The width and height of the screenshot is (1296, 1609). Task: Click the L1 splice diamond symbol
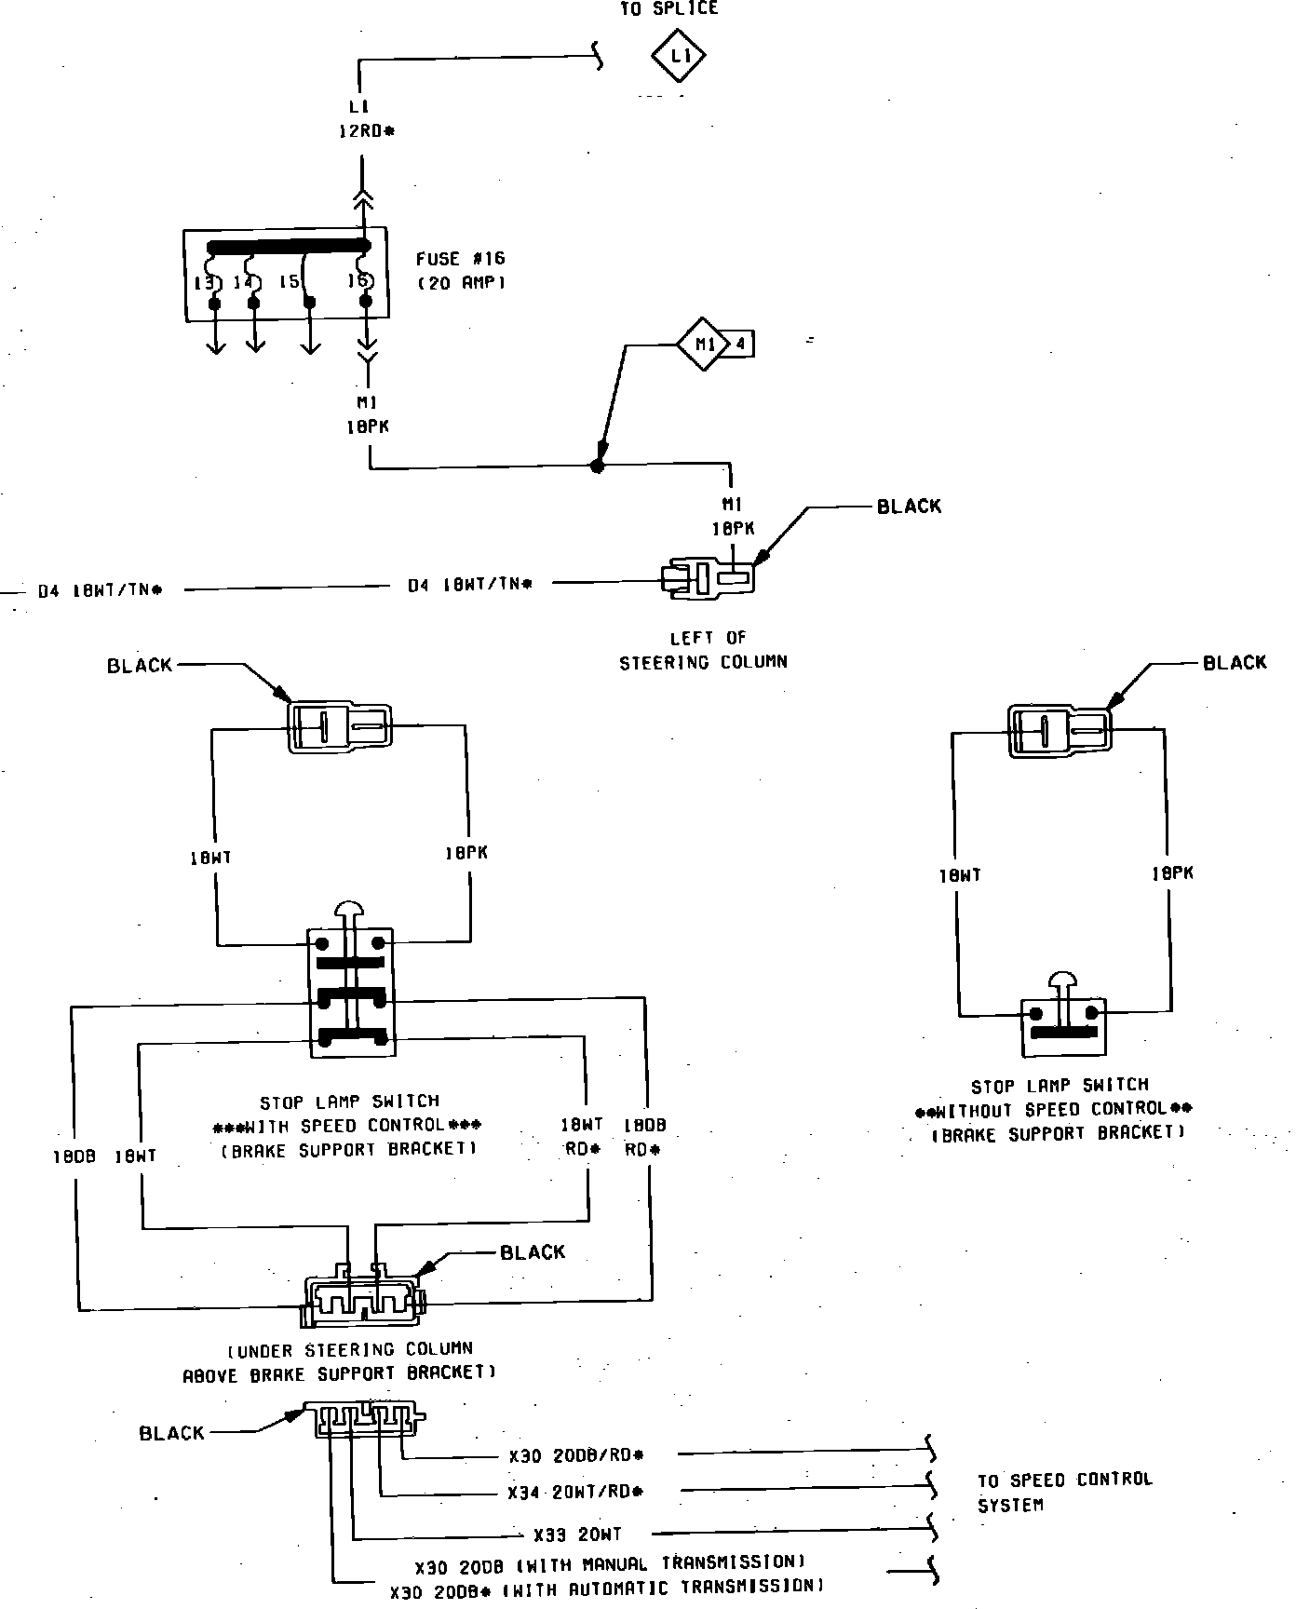[x=677, y=57]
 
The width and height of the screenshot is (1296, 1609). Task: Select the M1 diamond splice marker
[x=703, y=345]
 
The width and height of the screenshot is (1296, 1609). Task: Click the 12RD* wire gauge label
[x=365, y=131]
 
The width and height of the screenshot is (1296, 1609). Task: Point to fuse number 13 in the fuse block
[x=205, y=281]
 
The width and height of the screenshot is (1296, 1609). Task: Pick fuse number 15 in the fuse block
[x=289, y=281]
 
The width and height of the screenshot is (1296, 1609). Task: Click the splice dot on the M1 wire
[x=598, y=466]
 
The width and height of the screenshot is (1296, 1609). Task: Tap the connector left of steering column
[x=709, y=578]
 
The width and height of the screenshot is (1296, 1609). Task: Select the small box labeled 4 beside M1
[x=741, y=345]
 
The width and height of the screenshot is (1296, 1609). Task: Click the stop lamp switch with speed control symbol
[x=351, y=992]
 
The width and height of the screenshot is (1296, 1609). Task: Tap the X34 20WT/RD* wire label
[x=575, y=1492]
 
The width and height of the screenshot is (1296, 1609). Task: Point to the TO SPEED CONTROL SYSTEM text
[x=1064, y=1492]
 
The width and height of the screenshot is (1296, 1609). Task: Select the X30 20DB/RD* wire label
[x=576, y=1455]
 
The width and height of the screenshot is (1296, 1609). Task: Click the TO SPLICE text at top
[x=669, y=9]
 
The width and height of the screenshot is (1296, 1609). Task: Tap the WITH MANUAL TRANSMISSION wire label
[x=610, y=1562]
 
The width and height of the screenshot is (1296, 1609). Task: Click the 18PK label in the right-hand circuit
[x=1172, y=873]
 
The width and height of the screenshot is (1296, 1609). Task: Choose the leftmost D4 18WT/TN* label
[x=100, y=590]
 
